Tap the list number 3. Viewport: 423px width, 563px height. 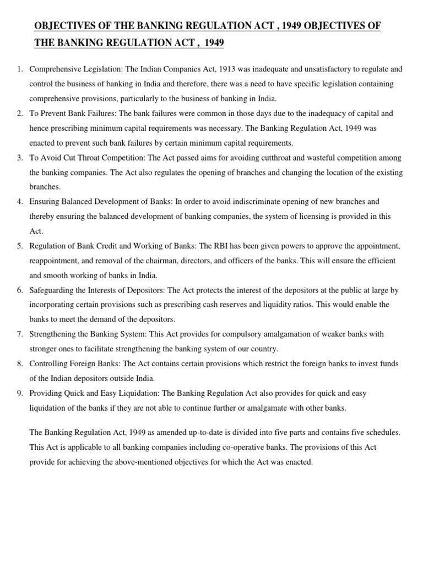pyautogui.click(x=19, y=158)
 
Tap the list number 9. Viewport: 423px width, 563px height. pyautogui.click(x=19, y=393)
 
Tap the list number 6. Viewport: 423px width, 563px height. pyautogui.click(x=19, y=290)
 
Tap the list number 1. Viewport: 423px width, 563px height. pyautogui.click(x=19, y=69)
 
